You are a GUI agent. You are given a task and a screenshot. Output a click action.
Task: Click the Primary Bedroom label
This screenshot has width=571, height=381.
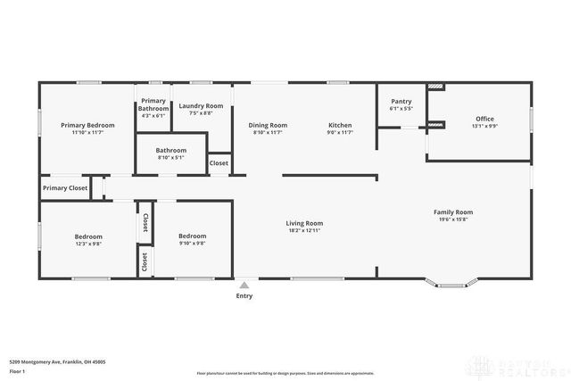pos(87,126)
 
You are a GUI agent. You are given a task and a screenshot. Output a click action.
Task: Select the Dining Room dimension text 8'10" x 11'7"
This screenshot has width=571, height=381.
pos(268,133)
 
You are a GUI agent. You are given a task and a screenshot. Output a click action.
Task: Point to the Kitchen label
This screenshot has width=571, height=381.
pos(340,126)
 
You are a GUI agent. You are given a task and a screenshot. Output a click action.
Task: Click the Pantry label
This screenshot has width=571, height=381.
pos(401,102)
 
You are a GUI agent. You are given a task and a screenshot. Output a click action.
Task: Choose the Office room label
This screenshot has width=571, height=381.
pos(484,119)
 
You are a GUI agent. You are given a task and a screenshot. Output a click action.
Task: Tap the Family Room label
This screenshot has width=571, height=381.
pos(453,212)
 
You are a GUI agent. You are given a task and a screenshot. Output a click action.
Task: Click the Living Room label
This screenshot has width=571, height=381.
pos(304,223)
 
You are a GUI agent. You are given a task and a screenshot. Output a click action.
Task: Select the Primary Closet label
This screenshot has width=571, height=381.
pos(65,188)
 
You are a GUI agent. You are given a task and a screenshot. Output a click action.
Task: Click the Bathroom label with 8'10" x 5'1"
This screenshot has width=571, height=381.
pos(170,151)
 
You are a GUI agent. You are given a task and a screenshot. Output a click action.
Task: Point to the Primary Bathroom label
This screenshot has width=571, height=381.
pos(153,104)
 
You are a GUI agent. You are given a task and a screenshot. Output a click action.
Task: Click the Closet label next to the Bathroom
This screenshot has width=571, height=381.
pos(219,163)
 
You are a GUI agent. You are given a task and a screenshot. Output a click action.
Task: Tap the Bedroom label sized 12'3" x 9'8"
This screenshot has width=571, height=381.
pos(87,236)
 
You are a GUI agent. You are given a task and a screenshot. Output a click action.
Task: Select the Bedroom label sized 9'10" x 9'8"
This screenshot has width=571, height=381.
pos(192,236)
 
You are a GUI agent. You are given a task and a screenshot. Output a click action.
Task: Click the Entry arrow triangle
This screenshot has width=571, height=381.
pos(244,285)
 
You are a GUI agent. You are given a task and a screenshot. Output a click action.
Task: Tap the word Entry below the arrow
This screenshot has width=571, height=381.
pos(244,295)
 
